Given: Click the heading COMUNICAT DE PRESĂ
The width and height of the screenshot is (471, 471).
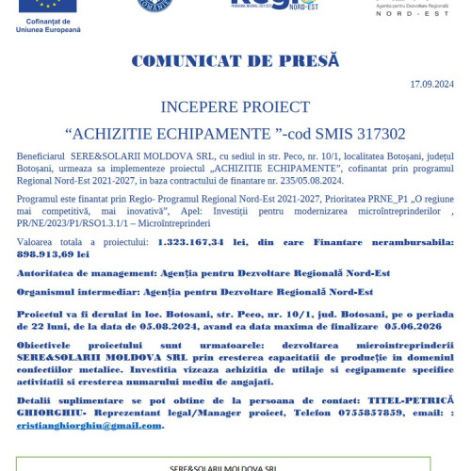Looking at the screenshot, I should coord(235,61).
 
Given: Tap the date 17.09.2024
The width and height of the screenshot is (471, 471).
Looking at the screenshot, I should coord(431,84).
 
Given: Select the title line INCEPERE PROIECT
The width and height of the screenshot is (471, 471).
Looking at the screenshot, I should coord(235,106).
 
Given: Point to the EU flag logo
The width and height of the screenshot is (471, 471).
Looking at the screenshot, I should coord(48,7).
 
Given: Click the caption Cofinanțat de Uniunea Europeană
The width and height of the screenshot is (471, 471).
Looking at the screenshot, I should coord(48,25).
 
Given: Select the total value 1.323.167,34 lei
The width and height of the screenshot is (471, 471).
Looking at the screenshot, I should coord(196,242).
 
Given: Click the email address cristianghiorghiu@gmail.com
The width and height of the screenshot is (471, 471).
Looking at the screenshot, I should coord(89,425).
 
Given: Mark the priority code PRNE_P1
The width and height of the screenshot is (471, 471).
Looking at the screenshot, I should coord(360,200).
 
